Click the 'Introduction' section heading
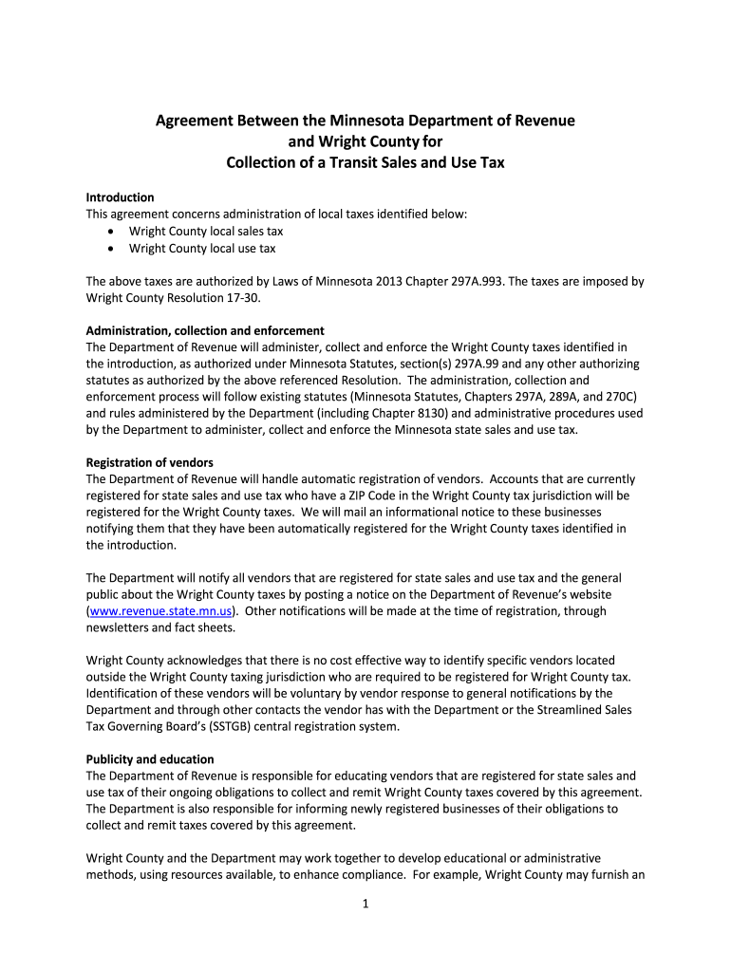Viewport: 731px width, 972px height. pyautogui.click(x=120, y=197)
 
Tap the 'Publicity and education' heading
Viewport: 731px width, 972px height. pyautogui.click(x=150, y=759)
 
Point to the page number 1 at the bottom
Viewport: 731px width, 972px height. pyautogui.click(x=365, y=904)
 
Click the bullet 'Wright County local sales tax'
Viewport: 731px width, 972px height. pyautogui.click(x=206, y=231)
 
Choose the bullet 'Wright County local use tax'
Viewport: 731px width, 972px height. pyautogui.click(x=202, y=249)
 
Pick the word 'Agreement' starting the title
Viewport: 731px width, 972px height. pyautogui.click(x=197, y=121)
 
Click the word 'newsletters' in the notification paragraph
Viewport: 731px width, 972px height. pyautogui.click(x=119, y=627)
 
